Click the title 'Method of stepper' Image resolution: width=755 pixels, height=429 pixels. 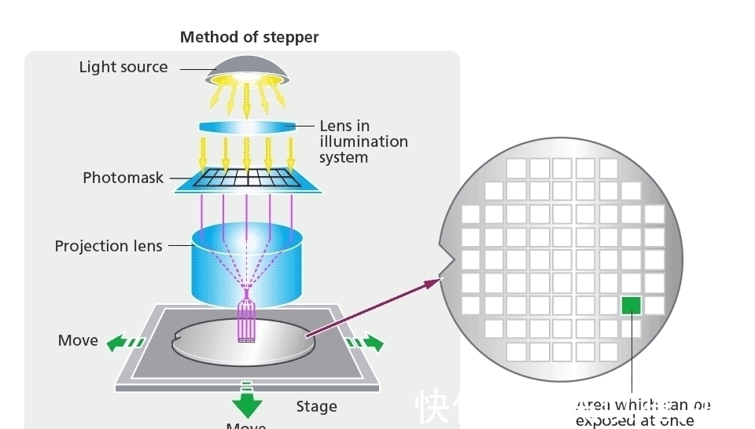pyautogui.click(x=249, y=37)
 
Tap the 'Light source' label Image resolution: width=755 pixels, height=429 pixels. pyautogui.click(x=123, y=67)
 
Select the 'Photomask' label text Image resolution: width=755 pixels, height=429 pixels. pyautogui.click(x=123, y=178)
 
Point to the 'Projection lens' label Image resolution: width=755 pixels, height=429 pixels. pyautogui.click(x=109, y=246)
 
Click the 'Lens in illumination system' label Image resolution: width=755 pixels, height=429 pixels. pyautogui.click(x=363, y=141)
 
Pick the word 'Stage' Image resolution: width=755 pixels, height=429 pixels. pyautogui.click(x=317, y=406)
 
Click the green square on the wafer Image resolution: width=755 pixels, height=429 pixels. pyautogui.click(x=631, y=305)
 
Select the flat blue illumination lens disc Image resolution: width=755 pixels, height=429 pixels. pyautogui.click(x=247, y=126)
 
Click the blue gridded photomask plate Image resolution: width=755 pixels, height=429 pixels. pyautogui.click(x=247, y=179)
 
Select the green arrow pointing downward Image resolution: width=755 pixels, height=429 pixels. pyautogui.click(x=247, y=402)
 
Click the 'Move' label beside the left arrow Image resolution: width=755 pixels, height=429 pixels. pyautogui.click(x=78, y=340)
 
